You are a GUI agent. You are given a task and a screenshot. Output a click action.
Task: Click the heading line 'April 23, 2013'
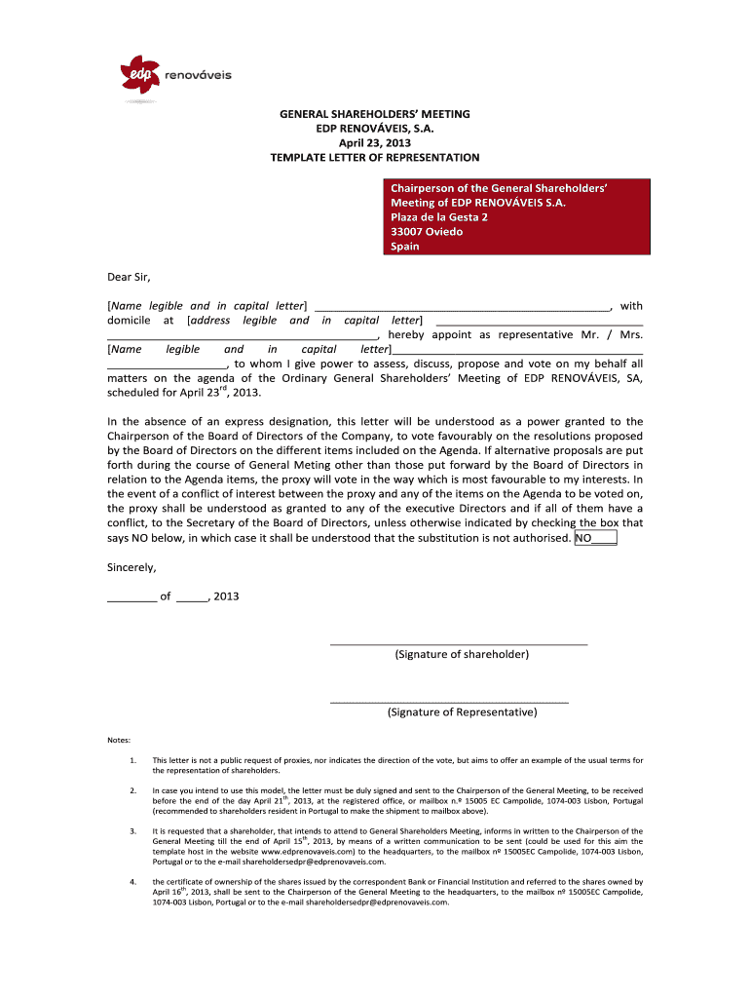(374, 142)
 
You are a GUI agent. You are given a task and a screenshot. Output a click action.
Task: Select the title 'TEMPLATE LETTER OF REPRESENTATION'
(374, 157)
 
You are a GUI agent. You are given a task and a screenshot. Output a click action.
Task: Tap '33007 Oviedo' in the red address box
(427, 231)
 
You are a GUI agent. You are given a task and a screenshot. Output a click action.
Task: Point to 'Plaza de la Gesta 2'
(439, 216)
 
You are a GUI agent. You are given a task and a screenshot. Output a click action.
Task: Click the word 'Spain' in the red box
(405, 247)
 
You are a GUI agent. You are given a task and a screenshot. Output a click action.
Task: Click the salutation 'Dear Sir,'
(130, 276)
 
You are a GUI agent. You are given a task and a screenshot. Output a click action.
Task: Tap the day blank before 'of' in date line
(131, 596)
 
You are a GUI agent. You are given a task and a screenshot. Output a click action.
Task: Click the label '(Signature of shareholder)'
(462, 654)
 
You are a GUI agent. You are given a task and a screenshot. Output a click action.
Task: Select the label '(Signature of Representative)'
(462, 712)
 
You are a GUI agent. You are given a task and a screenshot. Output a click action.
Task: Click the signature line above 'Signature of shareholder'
(459, 644)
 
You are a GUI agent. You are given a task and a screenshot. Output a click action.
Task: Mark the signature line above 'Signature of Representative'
(449, 702)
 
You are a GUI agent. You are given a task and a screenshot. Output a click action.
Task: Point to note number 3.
(131, 830)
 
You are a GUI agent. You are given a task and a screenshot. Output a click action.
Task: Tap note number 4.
(131, 881)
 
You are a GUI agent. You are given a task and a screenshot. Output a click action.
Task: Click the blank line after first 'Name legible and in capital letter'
(463, 305)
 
